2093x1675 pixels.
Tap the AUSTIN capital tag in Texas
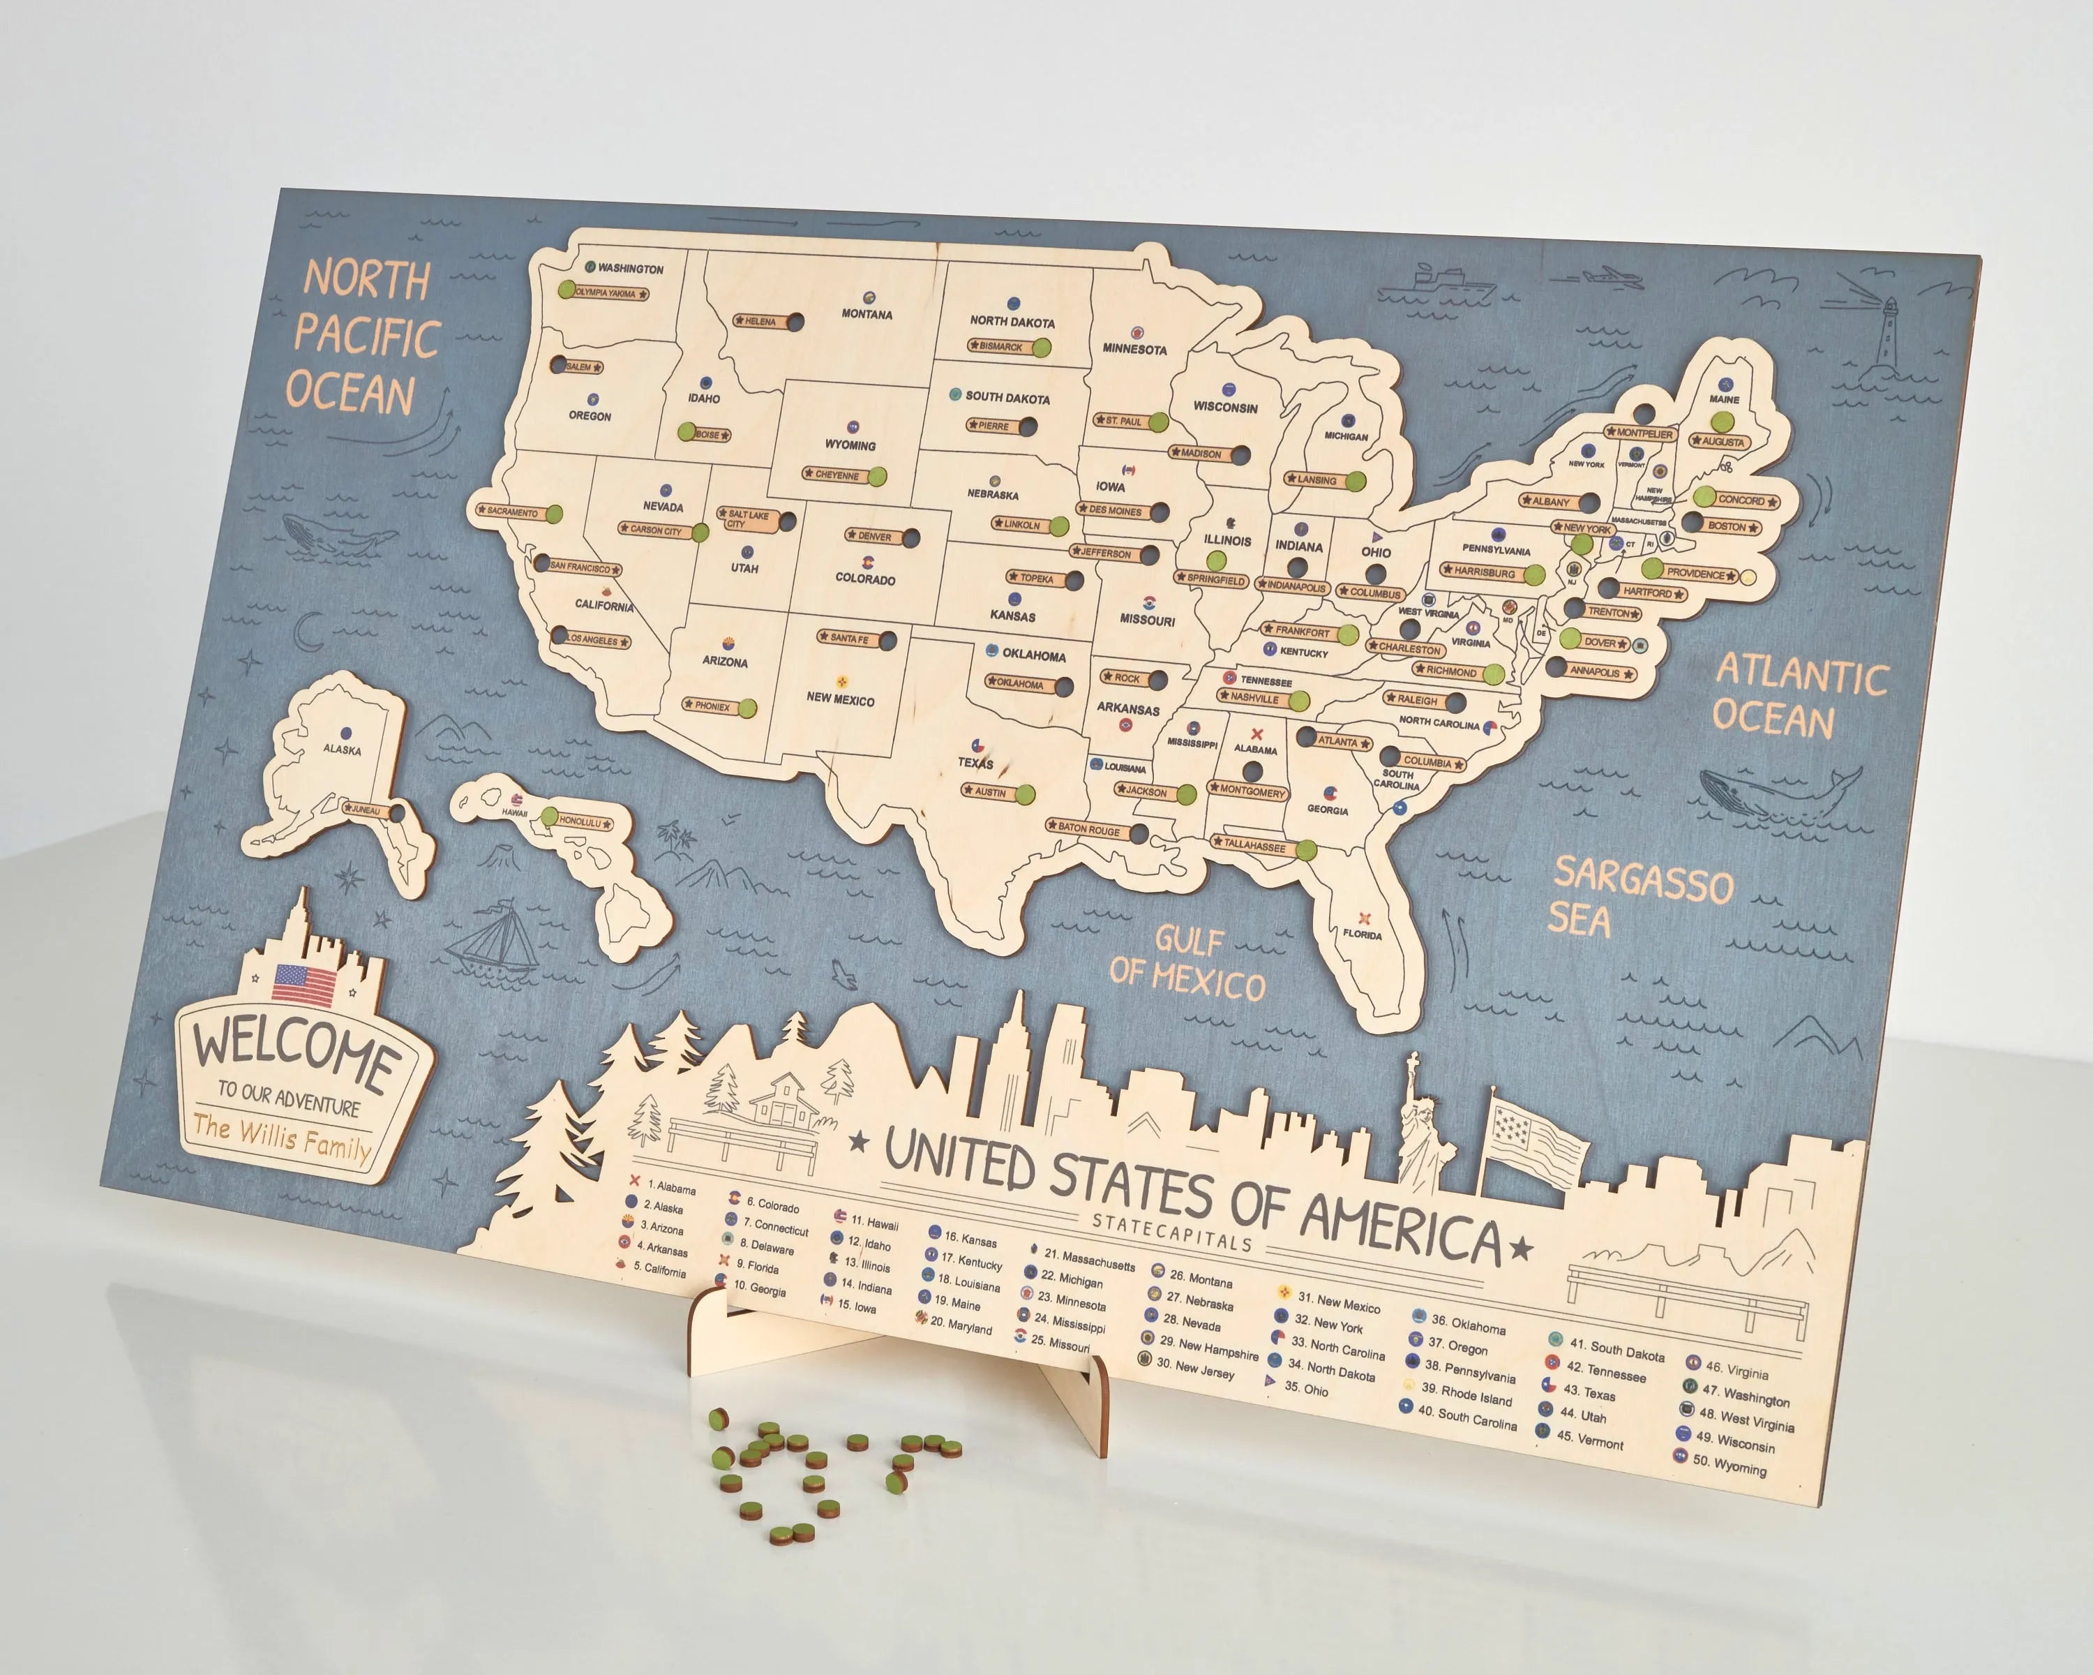click(x=990, y=792)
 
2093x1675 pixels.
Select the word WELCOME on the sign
click(x=295, y=1049)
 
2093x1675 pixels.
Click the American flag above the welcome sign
click(x=304, y=985)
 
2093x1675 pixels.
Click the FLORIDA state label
click(x=1361, y=934)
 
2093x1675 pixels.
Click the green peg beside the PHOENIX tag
click(x=747, y=708)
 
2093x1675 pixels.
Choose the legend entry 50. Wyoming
click(x=1729, y=1466)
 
